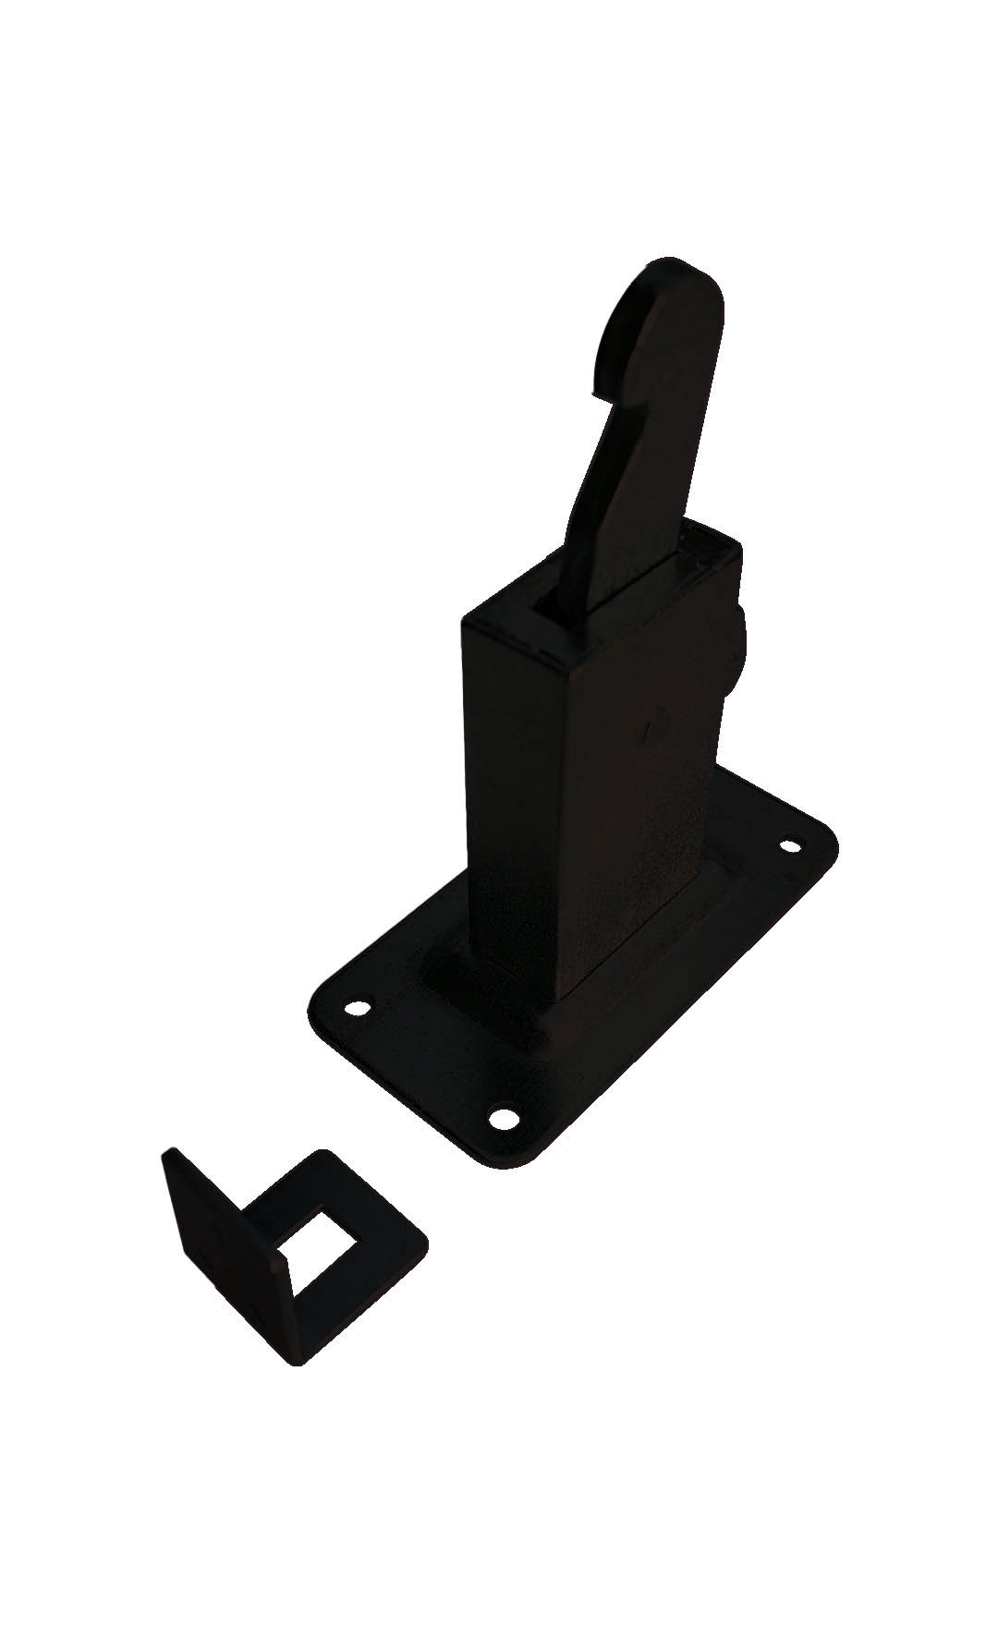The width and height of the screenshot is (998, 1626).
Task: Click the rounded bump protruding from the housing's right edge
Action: tap(736, 647)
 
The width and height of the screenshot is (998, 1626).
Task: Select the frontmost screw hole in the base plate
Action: tap(503, 1118)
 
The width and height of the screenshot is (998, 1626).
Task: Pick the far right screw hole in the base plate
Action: tap(790, 845)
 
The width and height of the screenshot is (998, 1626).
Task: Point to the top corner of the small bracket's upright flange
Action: tap(167, 1153)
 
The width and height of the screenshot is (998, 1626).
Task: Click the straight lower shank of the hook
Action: tap(638, 517)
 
